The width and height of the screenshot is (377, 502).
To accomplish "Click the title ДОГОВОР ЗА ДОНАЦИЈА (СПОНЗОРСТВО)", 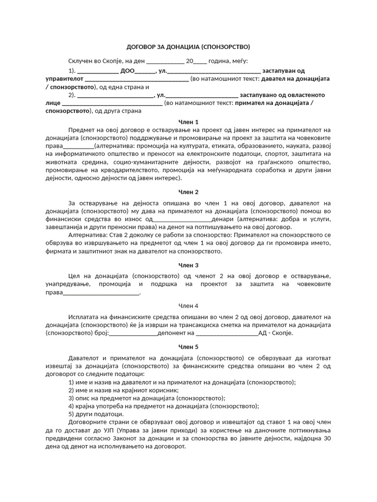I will tap(188, 47).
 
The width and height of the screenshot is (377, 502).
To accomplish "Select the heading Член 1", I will tap(188, 122).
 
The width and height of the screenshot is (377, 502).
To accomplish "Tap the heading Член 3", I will tap(188, 265).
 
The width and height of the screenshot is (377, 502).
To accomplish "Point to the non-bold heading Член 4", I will tap(188, 306).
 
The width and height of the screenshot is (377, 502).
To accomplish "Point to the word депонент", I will tap(180, 333).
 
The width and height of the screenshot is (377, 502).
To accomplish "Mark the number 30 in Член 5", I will tap(327, 439).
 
